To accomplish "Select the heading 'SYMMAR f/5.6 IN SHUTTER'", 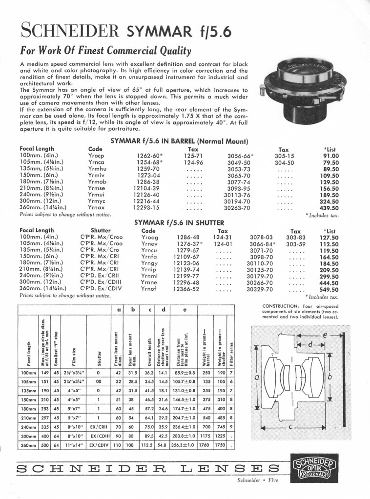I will coord(179,222).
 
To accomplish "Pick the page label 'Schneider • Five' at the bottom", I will coord(250,493).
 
